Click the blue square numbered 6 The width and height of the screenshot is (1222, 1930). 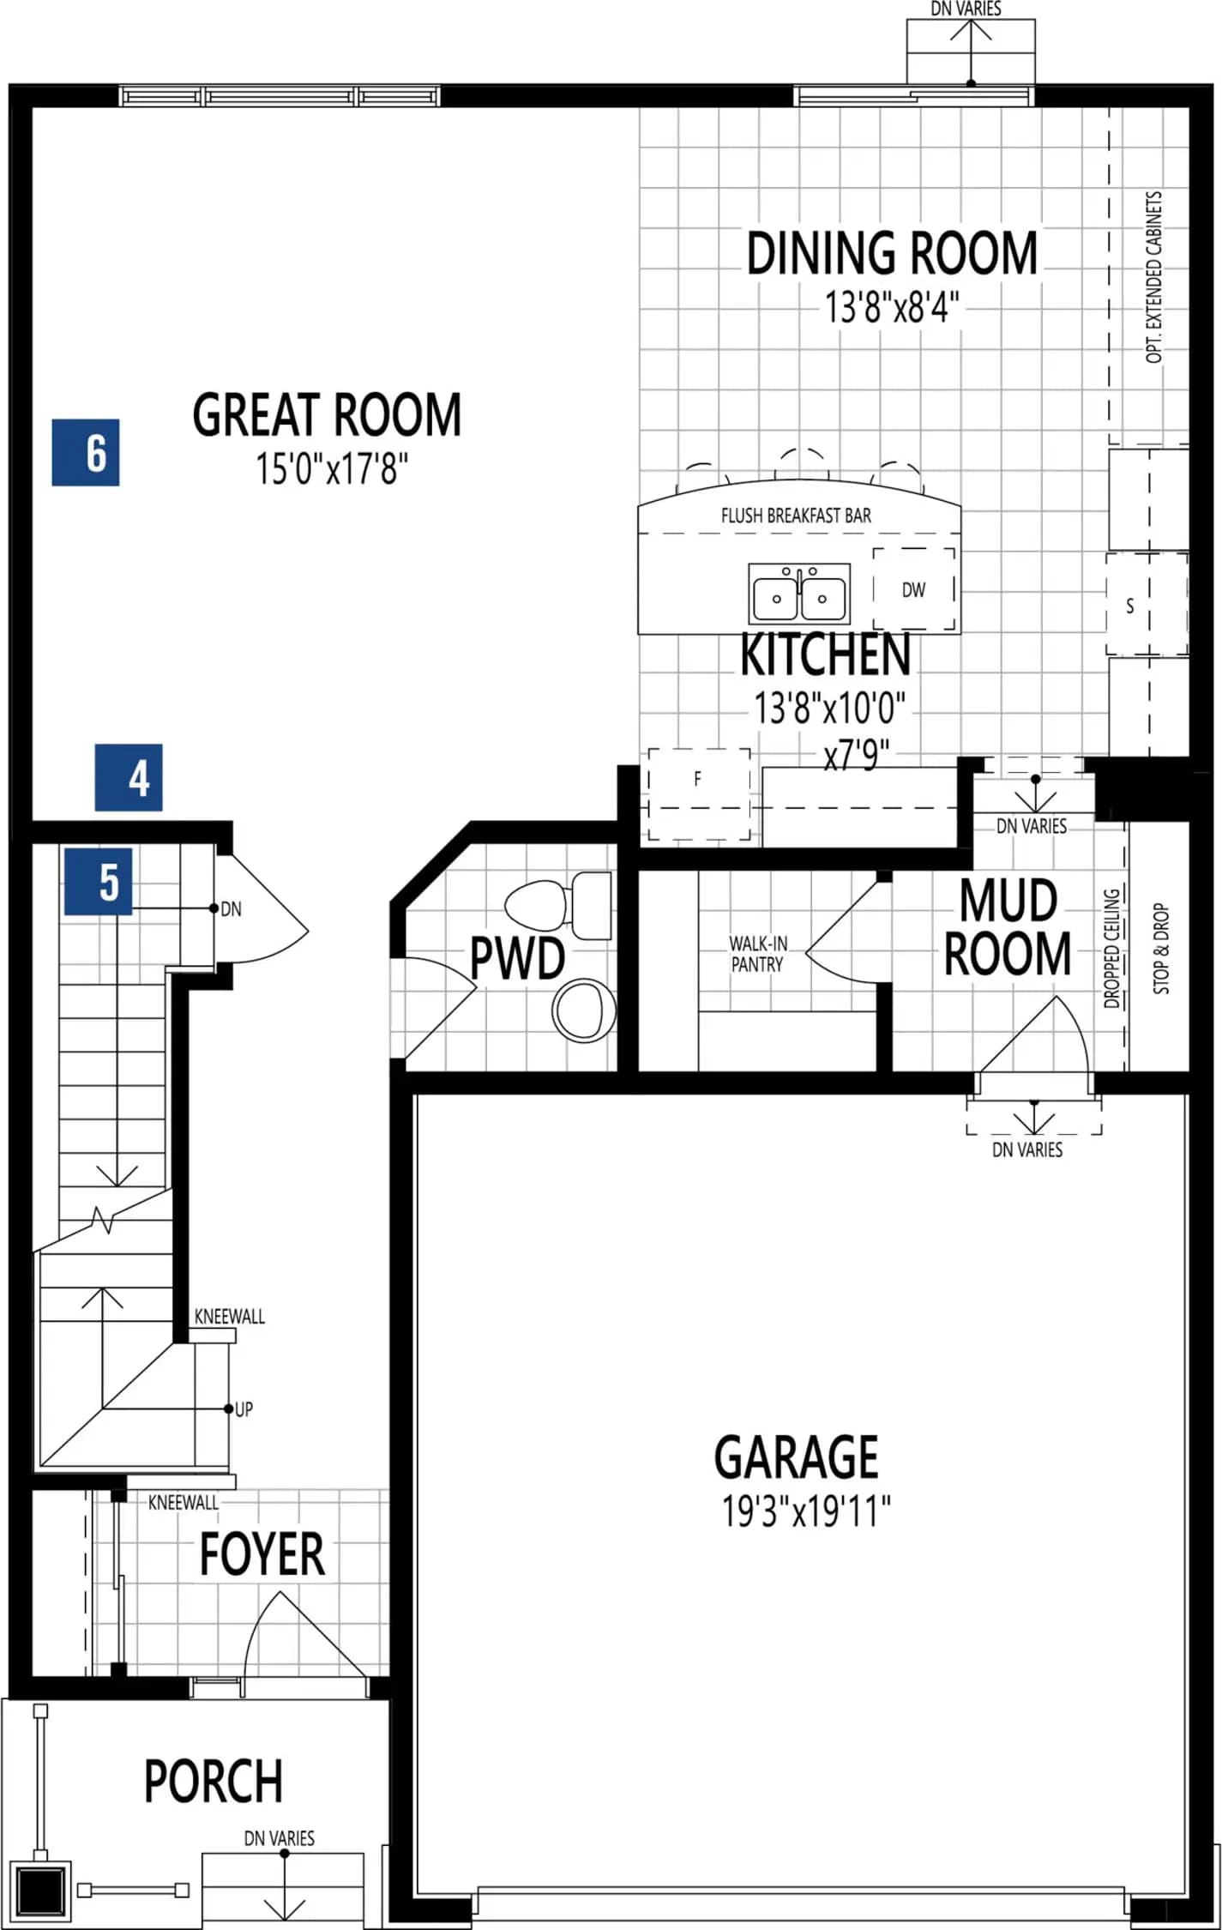(86, 453)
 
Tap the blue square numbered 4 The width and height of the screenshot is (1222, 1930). (129, 777)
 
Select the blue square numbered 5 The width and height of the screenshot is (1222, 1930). (98, 881)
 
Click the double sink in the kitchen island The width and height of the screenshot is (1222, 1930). (799, 594)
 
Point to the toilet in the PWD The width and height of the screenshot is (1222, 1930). (559, 905)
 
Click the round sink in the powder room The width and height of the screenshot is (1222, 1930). (584, 1010)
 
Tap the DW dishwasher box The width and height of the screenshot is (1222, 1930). (914, 589)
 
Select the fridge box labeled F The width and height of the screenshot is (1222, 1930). (699, 794)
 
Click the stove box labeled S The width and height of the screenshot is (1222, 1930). (1147, 605)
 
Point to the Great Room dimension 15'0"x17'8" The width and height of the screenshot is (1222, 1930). (332, 469)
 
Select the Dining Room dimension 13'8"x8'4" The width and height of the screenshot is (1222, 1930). (892, 306)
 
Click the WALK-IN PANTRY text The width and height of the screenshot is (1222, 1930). (758, 954)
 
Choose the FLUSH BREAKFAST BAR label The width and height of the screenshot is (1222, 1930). (796, 516)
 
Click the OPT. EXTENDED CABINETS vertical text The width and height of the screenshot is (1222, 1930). (1154, 276)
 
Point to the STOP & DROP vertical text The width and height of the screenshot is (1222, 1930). (1161, 949)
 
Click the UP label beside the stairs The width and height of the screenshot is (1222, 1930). (244, 1410)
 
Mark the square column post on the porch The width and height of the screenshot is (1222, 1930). (40, 1890)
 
